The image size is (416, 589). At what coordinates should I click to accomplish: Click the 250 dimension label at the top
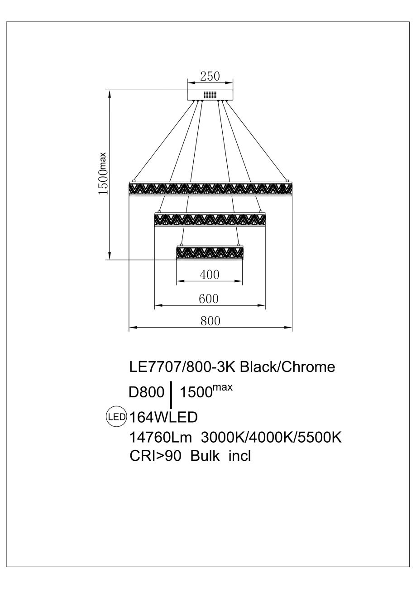[x=210, y=76]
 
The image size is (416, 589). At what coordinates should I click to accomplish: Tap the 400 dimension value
[x=209, y=275]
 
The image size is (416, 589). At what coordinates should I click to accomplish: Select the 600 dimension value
[x=209, y=299]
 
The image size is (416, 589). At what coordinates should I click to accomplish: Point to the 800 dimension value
[x=210, y=321]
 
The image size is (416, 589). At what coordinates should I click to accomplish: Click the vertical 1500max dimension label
[x=103, y=174]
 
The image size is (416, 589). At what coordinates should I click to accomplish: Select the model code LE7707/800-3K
[x=183, y=367]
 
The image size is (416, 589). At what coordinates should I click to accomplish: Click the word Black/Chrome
[x=287, y=367]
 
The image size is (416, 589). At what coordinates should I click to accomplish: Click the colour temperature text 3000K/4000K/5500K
[x=271, y=438]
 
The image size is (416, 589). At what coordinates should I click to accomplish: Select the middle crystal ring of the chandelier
[x=210, y=219]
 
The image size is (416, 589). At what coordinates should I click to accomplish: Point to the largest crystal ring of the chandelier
[x=210, y=188]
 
